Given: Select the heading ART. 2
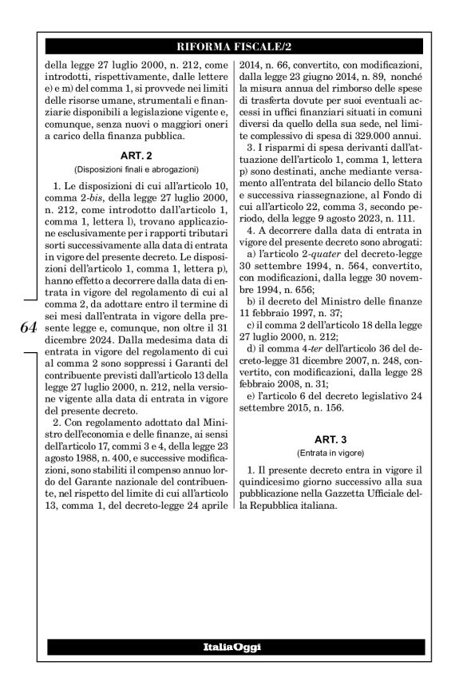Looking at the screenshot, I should pos(133,156).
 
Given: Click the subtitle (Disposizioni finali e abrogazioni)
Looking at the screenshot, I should pos(133,169).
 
